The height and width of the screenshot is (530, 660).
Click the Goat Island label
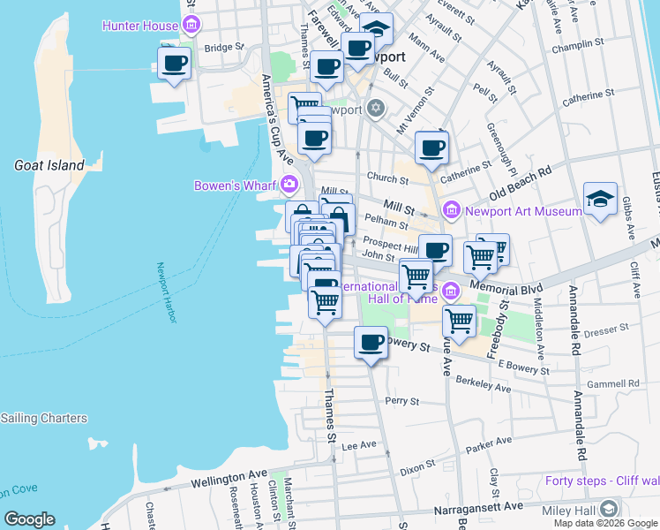49,165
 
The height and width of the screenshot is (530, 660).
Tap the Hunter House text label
140,26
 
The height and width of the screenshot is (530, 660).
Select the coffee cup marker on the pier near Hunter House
174,64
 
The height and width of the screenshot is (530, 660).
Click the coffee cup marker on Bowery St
371,342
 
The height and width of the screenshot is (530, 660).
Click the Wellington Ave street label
229,478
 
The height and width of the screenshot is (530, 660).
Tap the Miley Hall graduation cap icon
609,509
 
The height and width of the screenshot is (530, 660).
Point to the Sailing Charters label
44,418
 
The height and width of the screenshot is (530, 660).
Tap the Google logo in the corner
30,519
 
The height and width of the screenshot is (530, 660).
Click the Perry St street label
402,400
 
